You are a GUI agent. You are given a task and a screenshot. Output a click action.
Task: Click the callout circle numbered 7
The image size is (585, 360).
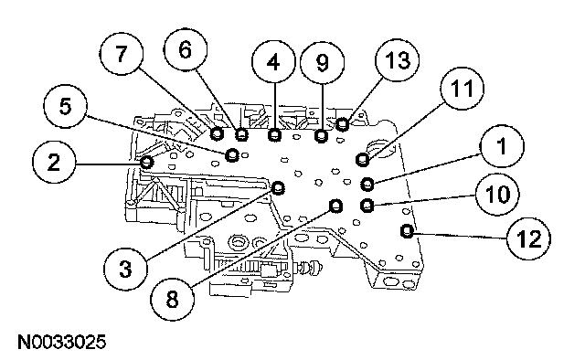[x=121, y=55]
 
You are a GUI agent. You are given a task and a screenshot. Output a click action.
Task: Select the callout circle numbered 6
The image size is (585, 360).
[x=186, y=49]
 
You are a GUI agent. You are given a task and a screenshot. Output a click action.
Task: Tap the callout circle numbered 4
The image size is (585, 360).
[x=274, y=61]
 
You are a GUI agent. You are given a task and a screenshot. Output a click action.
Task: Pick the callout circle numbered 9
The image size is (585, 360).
[x=323, y=63]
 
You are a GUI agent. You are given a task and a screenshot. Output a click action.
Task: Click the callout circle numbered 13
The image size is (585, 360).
[x=398, y=59]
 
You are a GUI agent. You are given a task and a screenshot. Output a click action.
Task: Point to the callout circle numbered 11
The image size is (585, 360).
[x=462, y=89]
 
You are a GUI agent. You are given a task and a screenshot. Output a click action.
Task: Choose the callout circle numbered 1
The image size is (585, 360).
[x=502, y=146]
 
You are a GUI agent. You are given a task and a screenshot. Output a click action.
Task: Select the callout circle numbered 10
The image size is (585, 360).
[x=497, y=194]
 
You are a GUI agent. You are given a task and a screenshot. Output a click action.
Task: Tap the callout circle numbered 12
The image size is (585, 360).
[x=528, y=238]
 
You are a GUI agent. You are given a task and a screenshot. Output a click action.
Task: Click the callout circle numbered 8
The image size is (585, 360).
[x=172, y=299]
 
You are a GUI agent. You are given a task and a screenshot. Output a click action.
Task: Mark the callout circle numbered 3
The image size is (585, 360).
[x=126, y=269]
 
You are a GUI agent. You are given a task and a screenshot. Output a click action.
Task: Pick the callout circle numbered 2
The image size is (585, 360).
[x=54, y=162]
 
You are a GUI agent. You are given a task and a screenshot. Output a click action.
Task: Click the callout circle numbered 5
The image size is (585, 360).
[x=65, y=106]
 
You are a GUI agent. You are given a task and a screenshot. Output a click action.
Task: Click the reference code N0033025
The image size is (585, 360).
[x=62, y=342]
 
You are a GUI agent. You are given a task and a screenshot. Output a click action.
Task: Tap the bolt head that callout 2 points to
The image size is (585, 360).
[x=147, y=163]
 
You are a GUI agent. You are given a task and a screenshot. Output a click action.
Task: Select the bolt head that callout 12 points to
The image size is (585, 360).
[x=407, y=231]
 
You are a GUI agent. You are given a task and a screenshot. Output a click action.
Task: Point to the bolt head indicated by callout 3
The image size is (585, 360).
[x=278, y=187]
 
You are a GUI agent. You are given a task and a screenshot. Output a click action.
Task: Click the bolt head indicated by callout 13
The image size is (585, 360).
[x=343, y=124]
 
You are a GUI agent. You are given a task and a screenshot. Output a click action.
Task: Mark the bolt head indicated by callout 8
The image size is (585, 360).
[x=336, y=206]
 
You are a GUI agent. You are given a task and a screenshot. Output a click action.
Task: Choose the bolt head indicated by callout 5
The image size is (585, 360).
[x=232, y=154]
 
